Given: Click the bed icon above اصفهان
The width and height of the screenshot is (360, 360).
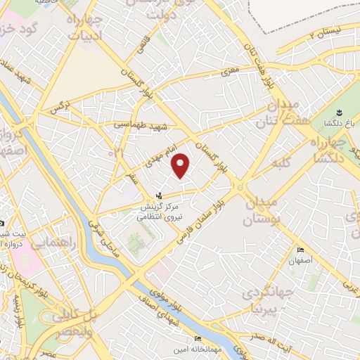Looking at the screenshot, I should click(x=301, y=250).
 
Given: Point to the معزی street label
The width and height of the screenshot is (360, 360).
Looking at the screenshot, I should click(x=230, y=72).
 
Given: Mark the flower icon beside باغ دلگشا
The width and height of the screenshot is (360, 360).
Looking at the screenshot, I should click(x=339, y=112).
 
